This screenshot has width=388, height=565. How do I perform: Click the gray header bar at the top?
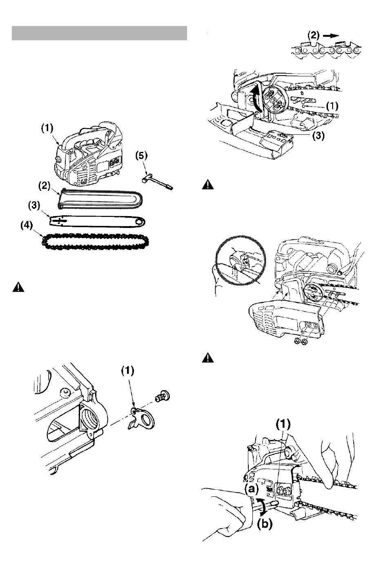coord(99,33)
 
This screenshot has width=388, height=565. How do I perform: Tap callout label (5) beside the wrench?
coord(141,156)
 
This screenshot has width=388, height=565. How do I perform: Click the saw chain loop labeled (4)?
coord(95,242)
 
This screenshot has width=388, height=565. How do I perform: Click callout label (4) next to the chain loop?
coord(27,225)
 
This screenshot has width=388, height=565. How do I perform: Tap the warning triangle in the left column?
coord(18,288)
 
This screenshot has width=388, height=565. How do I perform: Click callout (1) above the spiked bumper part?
coord(127,371)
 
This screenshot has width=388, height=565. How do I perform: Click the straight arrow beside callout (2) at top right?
coord(331,36)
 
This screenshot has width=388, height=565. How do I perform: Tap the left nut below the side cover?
coord(297,342)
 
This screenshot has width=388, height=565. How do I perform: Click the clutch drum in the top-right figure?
coord(274,99)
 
